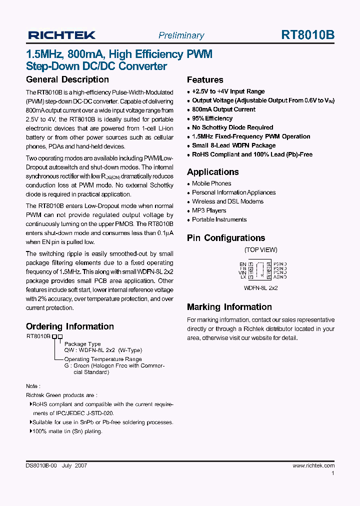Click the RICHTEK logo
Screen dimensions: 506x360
(x=61, y=35)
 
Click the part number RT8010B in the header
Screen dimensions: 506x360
(x=308, y=35)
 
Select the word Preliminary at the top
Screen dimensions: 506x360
(x=181, y=35)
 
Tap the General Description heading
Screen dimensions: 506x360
(x=67, y=79)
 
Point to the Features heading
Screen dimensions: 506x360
(x=205, y=80)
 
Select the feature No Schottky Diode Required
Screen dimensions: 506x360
(x=232, y=127)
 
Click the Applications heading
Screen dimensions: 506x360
(x=212, y=172)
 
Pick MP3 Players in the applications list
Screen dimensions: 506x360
(x=209, y=210)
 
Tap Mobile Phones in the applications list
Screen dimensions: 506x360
(x=211, y=183)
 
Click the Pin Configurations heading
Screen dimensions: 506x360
(x=226, y=238)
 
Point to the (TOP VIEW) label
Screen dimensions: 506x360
(x=260, y=249)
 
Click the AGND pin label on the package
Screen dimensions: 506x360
(x=280, y=277)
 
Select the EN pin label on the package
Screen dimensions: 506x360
(x=243, y=264)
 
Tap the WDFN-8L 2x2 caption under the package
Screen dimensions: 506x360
(x=260, y=288)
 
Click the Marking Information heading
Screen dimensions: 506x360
(x=229, y=307)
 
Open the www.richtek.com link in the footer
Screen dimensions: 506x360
(x=313, y=465)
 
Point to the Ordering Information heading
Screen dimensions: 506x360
(x=70, y=326)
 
